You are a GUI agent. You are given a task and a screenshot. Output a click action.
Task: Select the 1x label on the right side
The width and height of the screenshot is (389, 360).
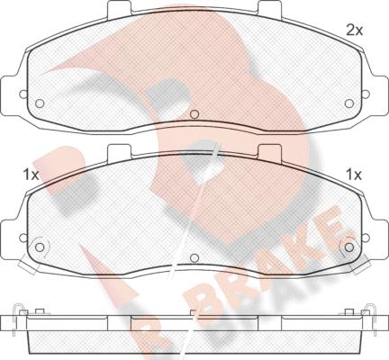click(x=354, y=174)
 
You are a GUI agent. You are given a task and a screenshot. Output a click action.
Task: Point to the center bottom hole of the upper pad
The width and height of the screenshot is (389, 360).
click(x=195, y=114)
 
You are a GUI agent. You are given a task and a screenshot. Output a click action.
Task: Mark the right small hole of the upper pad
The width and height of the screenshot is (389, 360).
click(x=347, y=102)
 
